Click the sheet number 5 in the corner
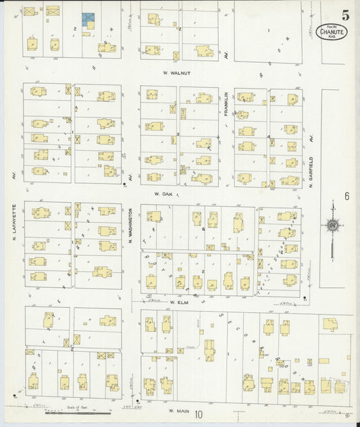click(x=345, y=14)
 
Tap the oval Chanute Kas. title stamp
click(x=332, y=32)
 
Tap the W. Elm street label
click(x=177, y=303)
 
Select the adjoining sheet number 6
click(x=345, y=197)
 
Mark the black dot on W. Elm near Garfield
click(x=305, y=298)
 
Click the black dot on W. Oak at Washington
click(x=126, y=184)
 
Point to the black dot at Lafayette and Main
click(x=14, y=395)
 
